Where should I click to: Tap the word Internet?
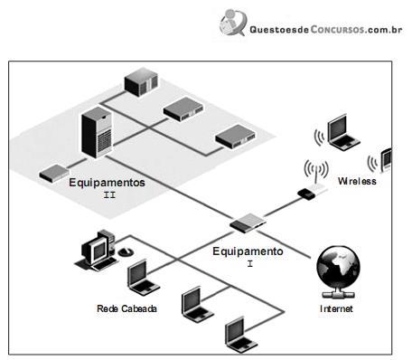coord(336,308)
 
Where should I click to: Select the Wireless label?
coord(357,181)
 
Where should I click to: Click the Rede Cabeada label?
coord(126,308)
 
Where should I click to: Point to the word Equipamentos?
coord(107,183)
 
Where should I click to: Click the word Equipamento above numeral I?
coord(248,251)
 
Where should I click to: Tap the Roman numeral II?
coord(109,195)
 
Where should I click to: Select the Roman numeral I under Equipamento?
coord(250,264)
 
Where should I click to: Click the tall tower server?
coord(97,132)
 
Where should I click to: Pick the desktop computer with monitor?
coord(96,251)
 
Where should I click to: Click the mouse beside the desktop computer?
coord(126,251)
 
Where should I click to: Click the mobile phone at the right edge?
coord(387,160)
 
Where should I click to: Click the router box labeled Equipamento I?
coord(248,223)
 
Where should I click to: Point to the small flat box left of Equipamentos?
coord(54,173)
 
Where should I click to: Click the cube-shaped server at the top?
coord(142,82)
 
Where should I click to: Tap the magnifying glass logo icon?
coord(233,23)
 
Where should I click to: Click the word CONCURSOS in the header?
coord(337,29)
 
